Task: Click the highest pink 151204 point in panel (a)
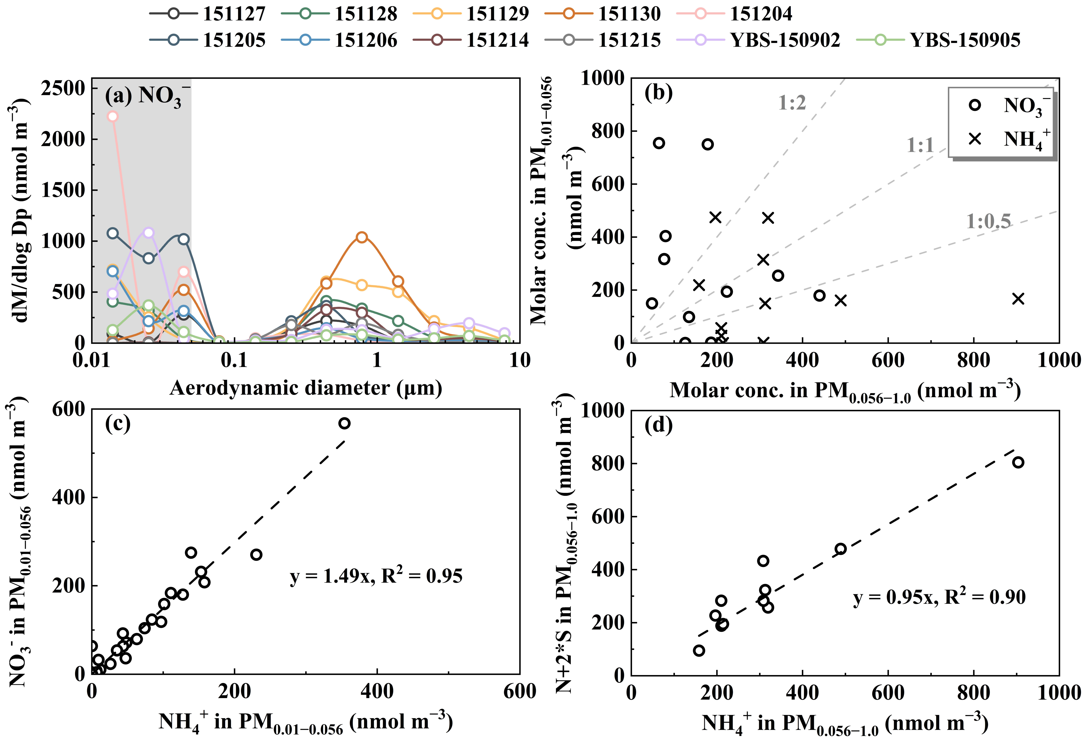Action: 112,116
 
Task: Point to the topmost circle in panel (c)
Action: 344,423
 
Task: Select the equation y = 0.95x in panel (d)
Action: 939,597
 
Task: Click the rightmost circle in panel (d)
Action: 1018,462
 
